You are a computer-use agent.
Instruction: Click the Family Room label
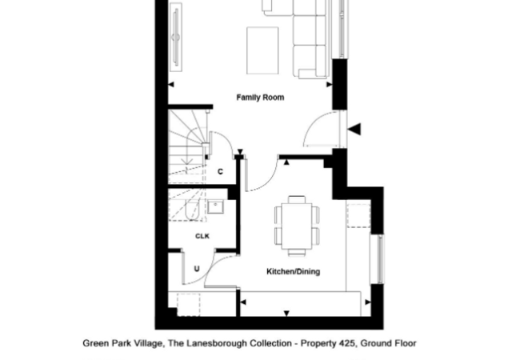(x=260, y=98)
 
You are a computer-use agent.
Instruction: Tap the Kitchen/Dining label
(x=294, y=271)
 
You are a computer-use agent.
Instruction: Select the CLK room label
(x=202, y=236)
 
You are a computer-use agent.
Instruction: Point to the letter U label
(x=197, y=269)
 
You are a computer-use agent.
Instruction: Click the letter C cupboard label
(x=220, y=171)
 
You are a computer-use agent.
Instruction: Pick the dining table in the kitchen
(x=297, y=226)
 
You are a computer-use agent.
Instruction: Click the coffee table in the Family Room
(x=262, y=50)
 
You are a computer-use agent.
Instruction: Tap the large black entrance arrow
(x=354, y=129)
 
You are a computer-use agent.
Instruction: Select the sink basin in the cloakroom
(x=216, y=206)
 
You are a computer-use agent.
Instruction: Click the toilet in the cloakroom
(x=193, y=210)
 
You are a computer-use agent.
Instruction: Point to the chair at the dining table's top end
(x=297, y=199)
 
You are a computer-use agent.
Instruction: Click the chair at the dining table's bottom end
(x=297, y=253)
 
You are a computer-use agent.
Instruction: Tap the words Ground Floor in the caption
(x=388, y=343)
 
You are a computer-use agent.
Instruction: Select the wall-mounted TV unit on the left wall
(x=176, y=37)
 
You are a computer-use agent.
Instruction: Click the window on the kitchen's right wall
(x=378, y=259)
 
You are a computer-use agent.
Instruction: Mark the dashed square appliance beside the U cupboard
(x=189, y=305)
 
